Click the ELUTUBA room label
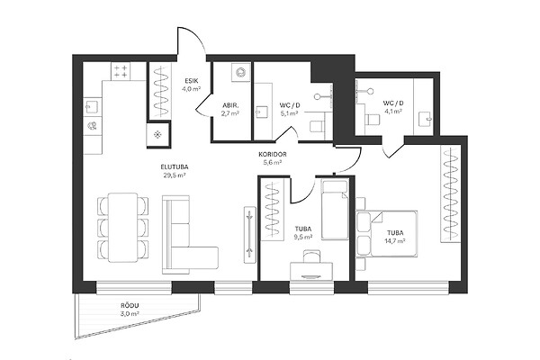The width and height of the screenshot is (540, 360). [175, 167]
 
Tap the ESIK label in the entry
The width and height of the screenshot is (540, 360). [192, 81]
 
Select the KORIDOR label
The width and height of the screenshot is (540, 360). [273, 154]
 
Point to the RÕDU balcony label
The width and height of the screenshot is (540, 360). [130, 306]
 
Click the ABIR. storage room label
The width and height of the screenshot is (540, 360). [230, 105]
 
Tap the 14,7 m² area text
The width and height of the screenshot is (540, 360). [395, 241]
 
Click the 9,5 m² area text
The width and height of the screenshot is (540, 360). [303, 237]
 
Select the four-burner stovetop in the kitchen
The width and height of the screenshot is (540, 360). [121, 72]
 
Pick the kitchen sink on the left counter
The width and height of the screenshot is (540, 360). [93, 107]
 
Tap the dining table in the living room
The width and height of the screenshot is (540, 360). [122, 228]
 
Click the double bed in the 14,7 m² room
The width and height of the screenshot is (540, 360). [386, 234]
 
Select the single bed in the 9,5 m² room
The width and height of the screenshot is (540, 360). [335, 210]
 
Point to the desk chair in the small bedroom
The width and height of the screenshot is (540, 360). [311, 256]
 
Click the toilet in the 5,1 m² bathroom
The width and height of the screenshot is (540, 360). [317, 126]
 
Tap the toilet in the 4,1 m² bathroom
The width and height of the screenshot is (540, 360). [373, 120]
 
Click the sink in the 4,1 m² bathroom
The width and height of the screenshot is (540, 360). [425, 120]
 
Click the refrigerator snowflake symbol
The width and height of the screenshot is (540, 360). [157, 135]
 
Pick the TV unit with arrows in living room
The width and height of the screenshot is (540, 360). [249, 235]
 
